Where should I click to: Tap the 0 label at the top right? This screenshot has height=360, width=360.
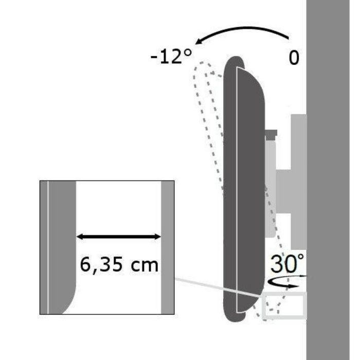coord(294,58)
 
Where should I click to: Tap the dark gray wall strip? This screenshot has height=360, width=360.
coord(333,180)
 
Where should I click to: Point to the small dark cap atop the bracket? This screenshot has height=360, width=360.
coord(271,136)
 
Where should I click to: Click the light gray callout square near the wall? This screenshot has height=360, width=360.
coord(284,307)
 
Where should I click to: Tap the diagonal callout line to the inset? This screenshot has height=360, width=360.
coord(216,287)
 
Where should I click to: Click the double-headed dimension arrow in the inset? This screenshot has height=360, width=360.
coord(119,237)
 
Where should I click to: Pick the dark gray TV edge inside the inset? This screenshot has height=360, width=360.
coord(61,242)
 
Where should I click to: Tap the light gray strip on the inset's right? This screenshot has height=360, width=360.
coord(167,247)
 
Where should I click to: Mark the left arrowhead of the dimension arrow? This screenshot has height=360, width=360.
coord(80,237)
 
